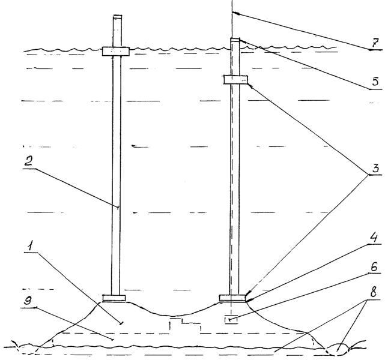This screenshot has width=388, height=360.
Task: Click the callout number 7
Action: click(x=375, y=44)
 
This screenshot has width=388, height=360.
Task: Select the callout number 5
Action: click(x=375, y=82)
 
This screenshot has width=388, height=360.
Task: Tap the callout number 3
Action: click(x=375, y=169)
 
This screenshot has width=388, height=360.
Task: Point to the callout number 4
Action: click(x=374, y=238)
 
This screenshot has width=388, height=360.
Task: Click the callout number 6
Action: click(x=374, y=267)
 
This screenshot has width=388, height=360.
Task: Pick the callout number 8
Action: click(x=374, y=292)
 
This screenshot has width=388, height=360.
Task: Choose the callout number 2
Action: click(x=28, y=162)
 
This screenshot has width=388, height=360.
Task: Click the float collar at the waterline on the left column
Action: click(x=116, y=51)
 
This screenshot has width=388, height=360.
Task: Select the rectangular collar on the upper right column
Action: click(x=236, y=80)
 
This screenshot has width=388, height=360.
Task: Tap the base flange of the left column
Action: click(x=114, y=298)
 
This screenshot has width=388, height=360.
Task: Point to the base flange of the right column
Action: click(x=233, y=298)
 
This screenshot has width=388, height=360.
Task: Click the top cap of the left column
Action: click(x=118, y=17)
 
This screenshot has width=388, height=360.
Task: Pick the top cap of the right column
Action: click(x=235, y=40)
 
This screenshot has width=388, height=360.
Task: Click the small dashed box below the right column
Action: click(x=231, y=320)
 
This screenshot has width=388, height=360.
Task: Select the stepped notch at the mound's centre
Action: click(x=185, y=324)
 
